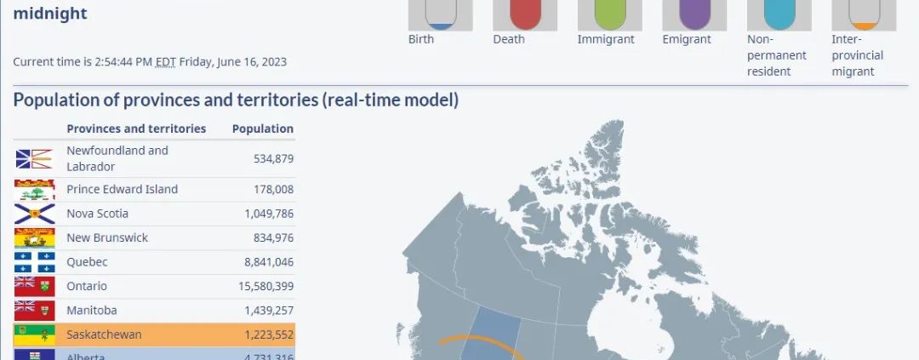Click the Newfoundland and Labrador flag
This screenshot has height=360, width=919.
click(34, 158)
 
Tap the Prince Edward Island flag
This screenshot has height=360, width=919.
click(34, 190)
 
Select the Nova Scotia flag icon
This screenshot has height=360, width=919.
click(34, 214)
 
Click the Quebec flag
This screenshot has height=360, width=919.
click(34, 262)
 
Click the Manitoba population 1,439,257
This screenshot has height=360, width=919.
click(269, 310)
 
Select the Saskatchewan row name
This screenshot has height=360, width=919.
click(104, 334)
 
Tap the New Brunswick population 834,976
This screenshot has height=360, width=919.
click(274, 237)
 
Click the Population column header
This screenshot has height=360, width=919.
click(263, 129)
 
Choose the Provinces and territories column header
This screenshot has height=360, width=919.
click(136, 129)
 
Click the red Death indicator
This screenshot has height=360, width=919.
click(525, 14)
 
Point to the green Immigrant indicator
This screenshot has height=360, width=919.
click(610, 14)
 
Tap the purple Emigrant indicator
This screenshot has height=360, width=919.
click(694, 14)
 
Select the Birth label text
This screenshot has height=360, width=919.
click(421, 39)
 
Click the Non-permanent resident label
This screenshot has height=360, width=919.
click(777, 55)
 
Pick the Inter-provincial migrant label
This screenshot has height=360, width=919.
click(858, 55)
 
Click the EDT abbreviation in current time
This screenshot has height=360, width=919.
click(166, 61)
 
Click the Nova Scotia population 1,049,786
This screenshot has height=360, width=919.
click(269, 214)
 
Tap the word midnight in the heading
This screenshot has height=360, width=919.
click(50, 13)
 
